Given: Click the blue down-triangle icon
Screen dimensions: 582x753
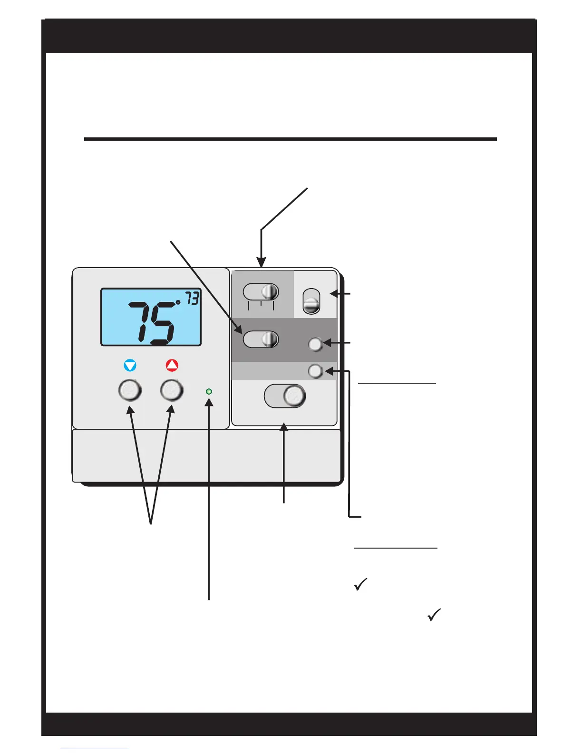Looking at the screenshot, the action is click(x=130, y=366).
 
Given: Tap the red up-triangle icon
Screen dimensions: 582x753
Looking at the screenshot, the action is click(x=172, y=365).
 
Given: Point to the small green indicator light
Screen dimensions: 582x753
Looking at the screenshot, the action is click(x=208, y=392).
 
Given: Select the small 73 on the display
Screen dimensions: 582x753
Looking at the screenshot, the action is click(x=192, y=299).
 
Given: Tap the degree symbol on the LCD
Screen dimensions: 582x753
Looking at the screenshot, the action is click(x=178, y=301).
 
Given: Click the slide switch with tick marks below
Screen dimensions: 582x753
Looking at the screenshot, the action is click(x=261, y=292).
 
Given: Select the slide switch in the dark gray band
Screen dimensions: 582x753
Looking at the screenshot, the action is click(x=261, y=339).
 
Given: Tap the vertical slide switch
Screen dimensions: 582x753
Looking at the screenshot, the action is click(x=311, y=301).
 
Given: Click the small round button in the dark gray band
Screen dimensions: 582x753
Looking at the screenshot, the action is click(x=316, y=344).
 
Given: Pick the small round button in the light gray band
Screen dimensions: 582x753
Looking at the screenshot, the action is click(x=315, y=371).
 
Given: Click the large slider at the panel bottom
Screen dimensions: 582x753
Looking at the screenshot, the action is click(x=285, y=396).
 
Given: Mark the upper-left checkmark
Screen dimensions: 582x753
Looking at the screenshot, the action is click(x=361, y=584).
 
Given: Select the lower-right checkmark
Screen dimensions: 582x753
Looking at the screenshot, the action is click(x=434, y=615).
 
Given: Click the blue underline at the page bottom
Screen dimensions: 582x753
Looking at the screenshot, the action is click(x=94, y=749).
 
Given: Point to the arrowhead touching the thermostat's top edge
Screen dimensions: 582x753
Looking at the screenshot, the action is click(x=261, y=263).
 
